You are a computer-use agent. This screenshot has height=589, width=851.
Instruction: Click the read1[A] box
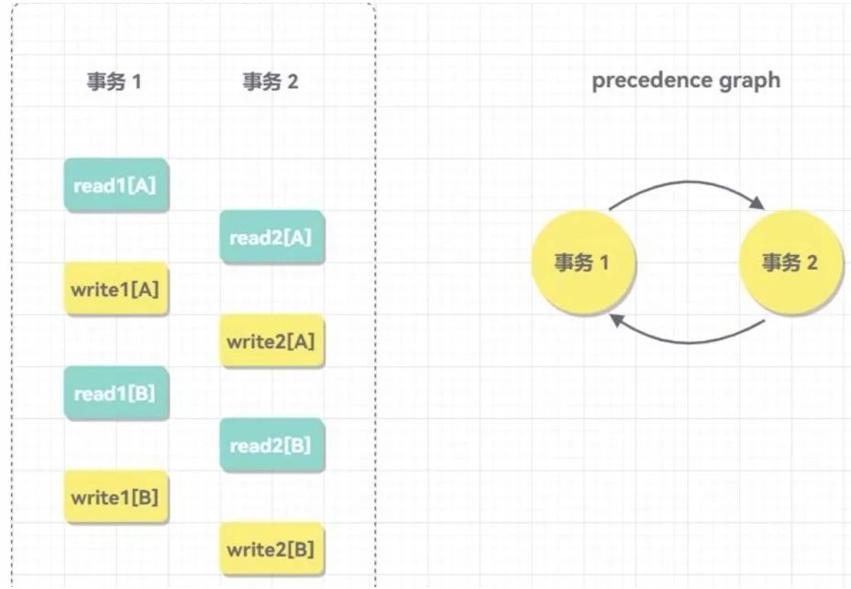tap(116, 184)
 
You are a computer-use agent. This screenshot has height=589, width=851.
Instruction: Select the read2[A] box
tap(271, 238)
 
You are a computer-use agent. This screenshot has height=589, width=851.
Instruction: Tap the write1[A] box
tap(116, 289)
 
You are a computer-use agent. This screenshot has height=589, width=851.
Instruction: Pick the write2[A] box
tap(271, 341)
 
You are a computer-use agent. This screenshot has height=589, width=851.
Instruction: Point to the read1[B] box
tap(116, 394)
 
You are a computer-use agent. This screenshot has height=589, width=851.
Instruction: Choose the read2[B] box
tap(271, 446)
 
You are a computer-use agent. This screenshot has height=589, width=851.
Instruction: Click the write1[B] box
tap(116, 497)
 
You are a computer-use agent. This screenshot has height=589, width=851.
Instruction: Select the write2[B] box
tap(271, 550)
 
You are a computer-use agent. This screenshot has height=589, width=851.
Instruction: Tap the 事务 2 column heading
tap(271, 82)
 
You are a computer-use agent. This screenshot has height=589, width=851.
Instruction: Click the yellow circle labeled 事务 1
tap(581, 262)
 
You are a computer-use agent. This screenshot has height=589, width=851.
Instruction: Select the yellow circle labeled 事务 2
tap(790, 262)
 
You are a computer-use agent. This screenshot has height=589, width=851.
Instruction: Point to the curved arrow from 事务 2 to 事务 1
tap(688, 341)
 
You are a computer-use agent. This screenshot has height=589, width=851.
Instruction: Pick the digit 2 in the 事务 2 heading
tap(293, 82)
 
